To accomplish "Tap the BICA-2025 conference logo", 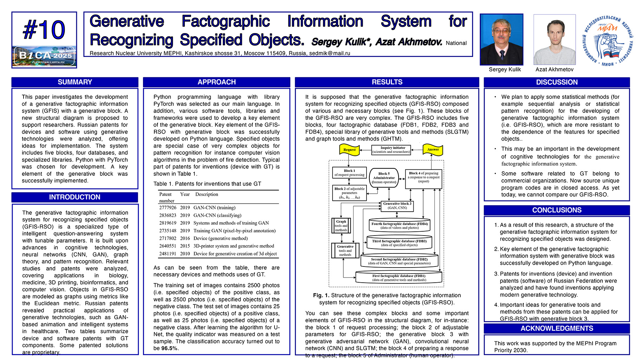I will [x=44, y=56].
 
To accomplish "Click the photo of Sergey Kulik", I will [x=502, y=39].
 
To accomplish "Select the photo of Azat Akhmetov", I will [x=554, y=39].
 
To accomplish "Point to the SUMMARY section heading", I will [x=75, y=82].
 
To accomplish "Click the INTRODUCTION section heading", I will [x=75, y=197].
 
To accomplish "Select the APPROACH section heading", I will [x=216, y=82].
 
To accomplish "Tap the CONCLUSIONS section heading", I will [x=557, y=210].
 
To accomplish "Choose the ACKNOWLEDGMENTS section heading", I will [x=557, y=328].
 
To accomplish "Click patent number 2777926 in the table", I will [x=168, y=208].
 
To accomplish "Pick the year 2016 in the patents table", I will [x=185, y=238].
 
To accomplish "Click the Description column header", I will [x=207, y=194].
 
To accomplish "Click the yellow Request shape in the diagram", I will [x=349, y=150].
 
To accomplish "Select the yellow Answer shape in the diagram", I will [x=433, y=150].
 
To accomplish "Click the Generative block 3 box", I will [x=397, y=206].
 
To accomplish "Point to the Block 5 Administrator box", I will [x=384, y=178].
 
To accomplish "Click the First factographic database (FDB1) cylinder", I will [x=399, y=278].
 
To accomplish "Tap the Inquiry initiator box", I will [x=391, y=150].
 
